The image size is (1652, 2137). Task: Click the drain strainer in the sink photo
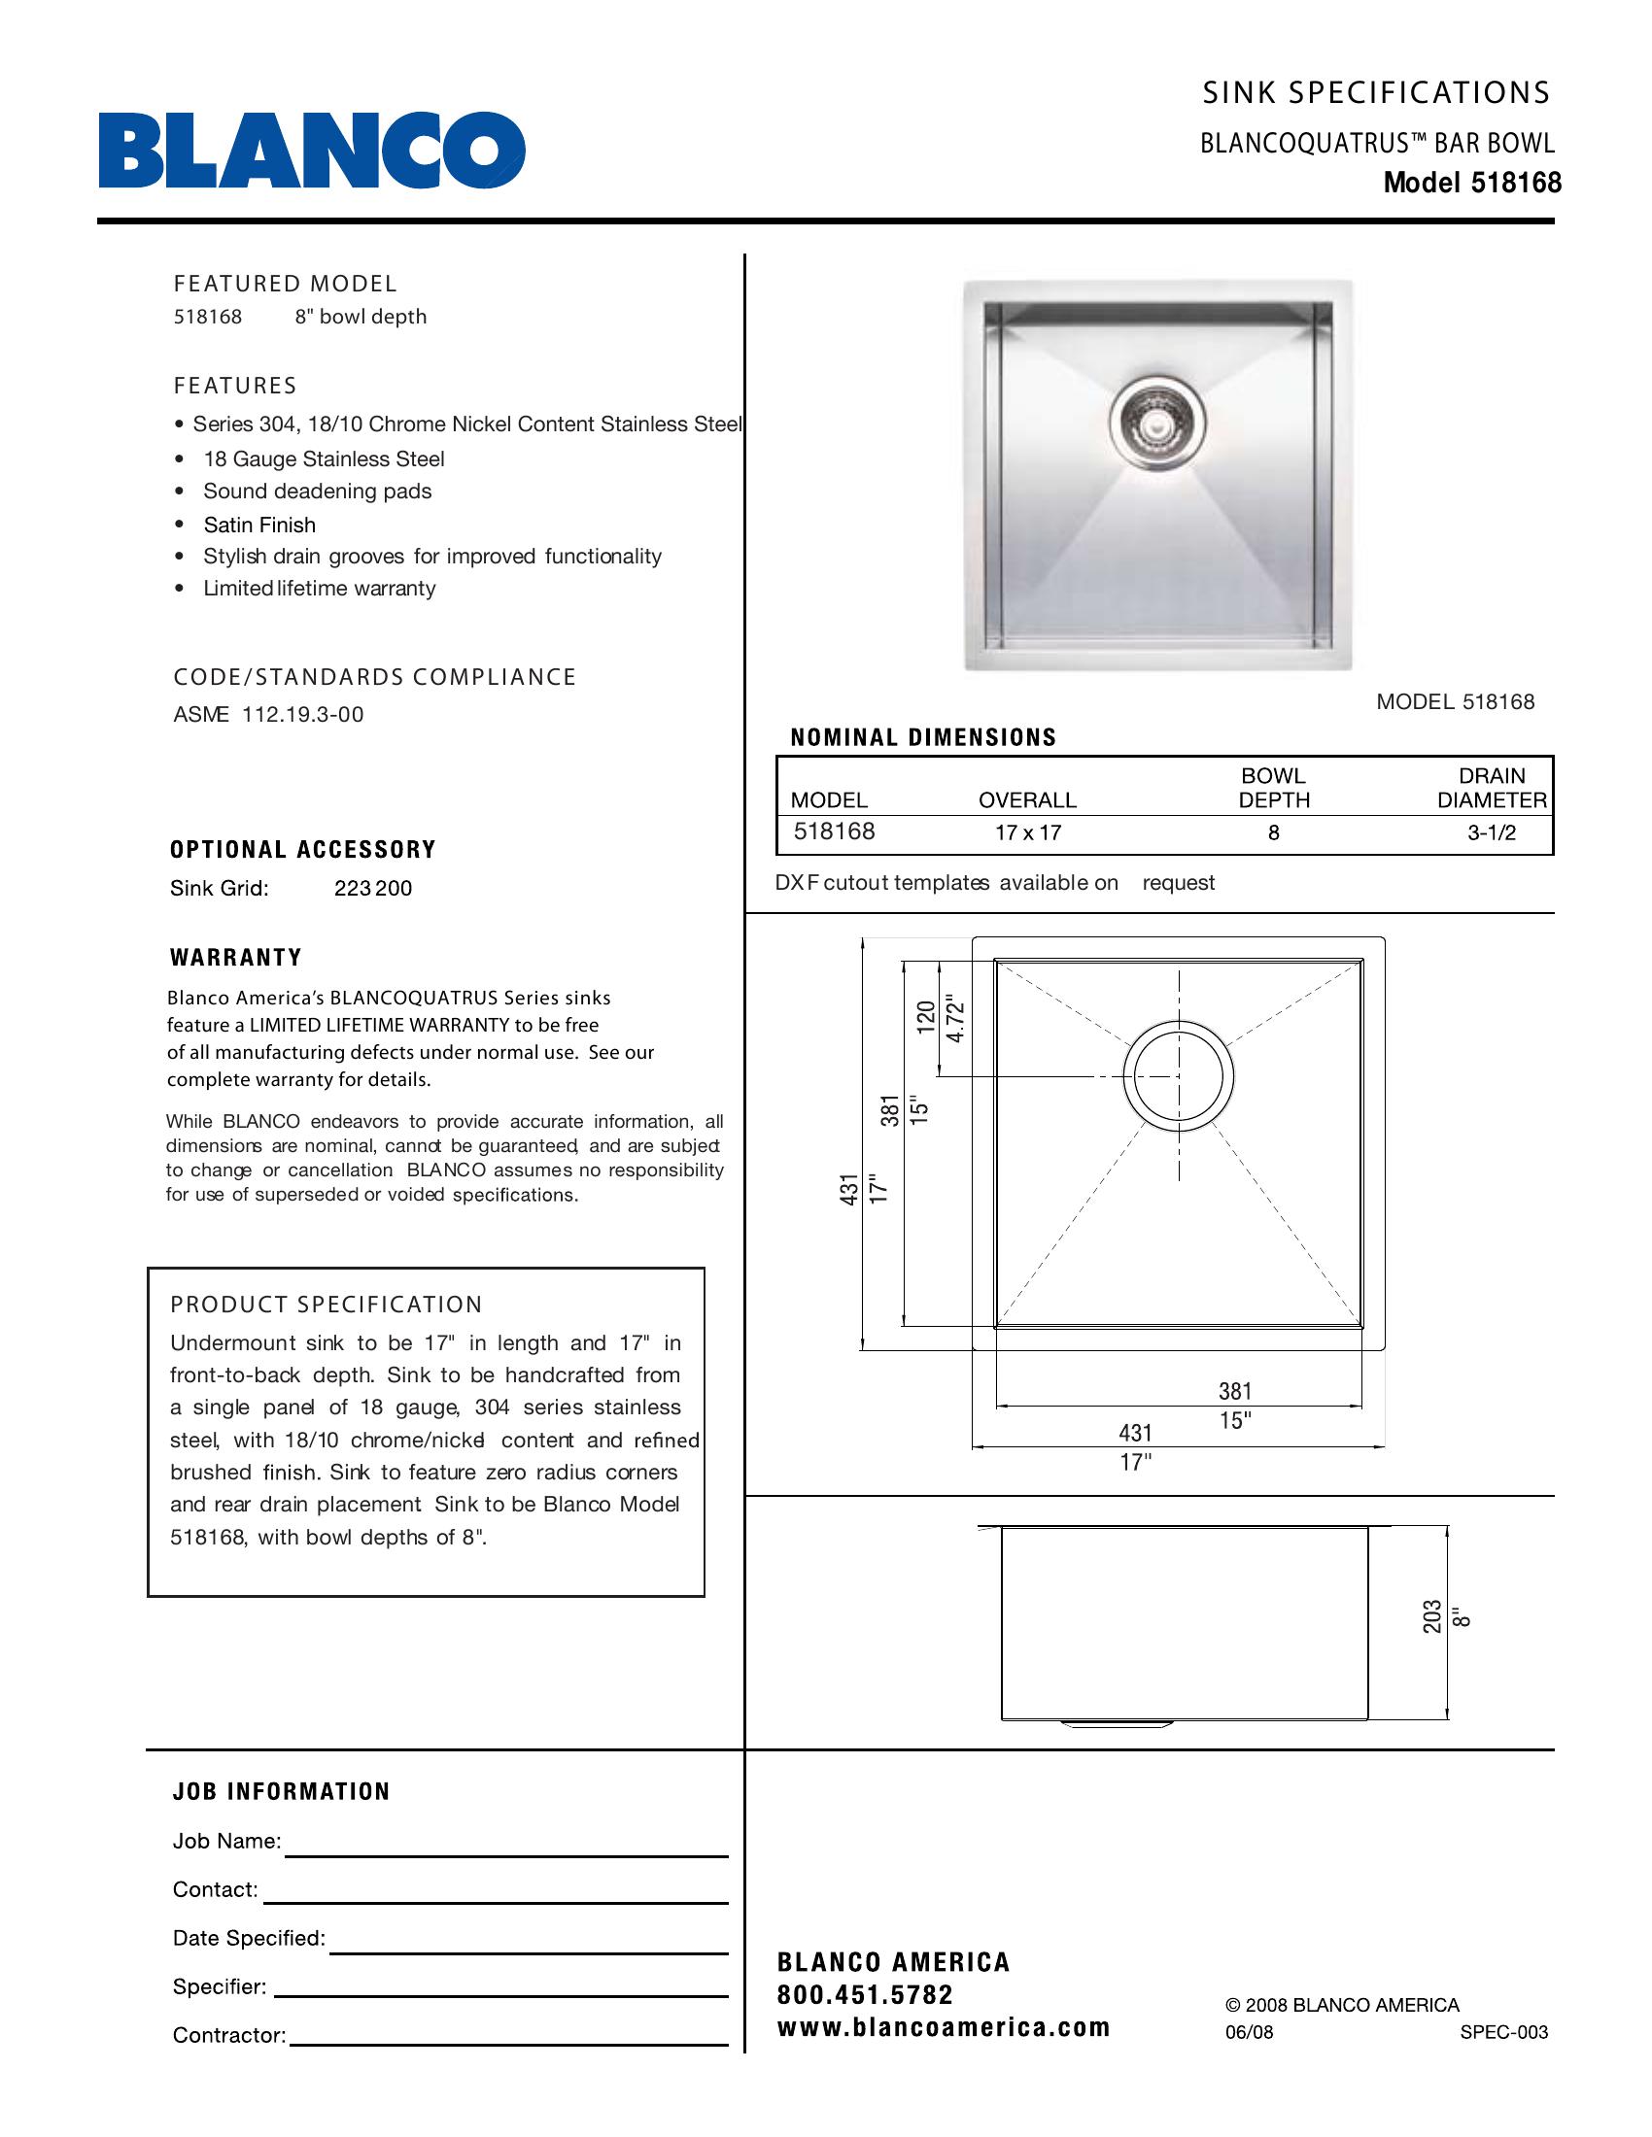tap(1156, 421)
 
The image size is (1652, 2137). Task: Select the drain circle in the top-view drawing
tap(1179, 1075)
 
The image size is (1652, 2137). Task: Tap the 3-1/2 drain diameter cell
tap(1491, 832)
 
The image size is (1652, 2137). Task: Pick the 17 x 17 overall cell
tap(1027, 832)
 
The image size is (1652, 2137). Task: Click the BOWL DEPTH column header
tap(1273, 788)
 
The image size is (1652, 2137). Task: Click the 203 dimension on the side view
tap(1431, 1615)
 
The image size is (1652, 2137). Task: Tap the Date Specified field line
tap(529, 1951)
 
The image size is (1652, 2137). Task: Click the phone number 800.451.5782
tap(864, 1994)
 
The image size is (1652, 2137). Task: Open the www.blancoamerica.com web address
tap(944, 2026)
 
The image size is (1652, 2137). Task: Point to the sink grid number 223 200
tap(373, 889)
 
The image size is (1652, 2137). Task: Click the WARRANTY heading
tap(236, 957)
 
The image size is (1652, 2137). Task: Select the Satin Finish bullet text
tap(259, 525)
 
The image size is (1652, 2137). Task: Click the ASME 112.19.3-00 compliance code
tap(268, 714)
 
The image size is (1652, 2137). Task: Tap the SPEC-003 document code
tap(1503, 2032)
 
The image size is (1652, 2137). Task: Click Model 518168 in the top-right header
tap(1472, 183)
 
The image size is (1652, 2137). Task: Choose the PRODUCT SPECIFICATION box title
tap(326, 1305)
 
